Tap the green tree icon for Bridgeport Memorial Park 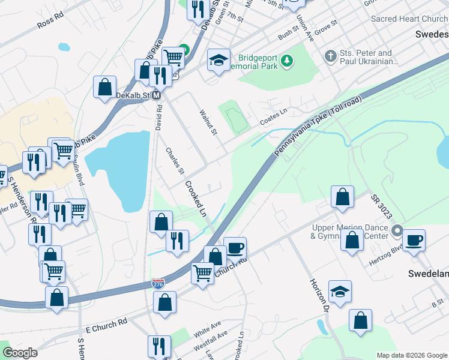(x=288, y=61)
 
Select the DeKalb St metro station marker (x=156, y=95)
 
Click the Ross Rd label (x=50, y=22)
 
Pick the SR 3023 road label (x=381, y=206)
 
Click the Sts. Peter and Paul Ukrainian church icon (x=330, y=57)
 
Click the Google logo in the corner (x=20, y=353)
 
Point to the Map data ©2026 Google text (x=411, y=355)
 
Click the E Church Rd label (x=106, y=322)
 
